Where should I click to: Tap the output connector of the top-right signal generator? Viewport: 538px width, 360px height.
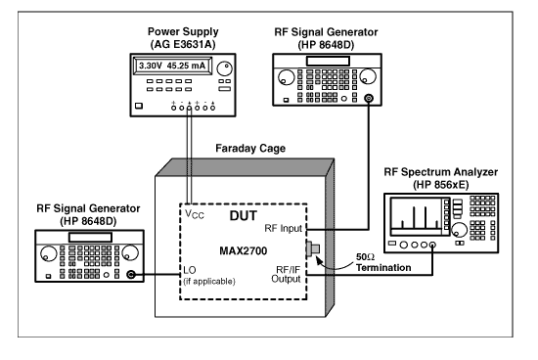pos(368,100)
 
